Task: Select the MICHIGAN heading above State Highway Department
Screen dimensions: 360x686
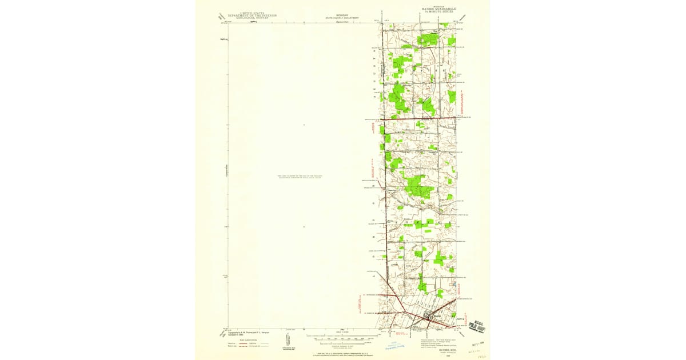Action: click(x=342, y=15)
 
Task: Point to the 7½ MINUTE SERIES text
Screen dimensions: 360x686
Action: click(x=440, y=12)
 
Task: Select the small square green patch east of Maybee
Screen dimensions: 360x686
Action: click(x=453, y=314)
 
